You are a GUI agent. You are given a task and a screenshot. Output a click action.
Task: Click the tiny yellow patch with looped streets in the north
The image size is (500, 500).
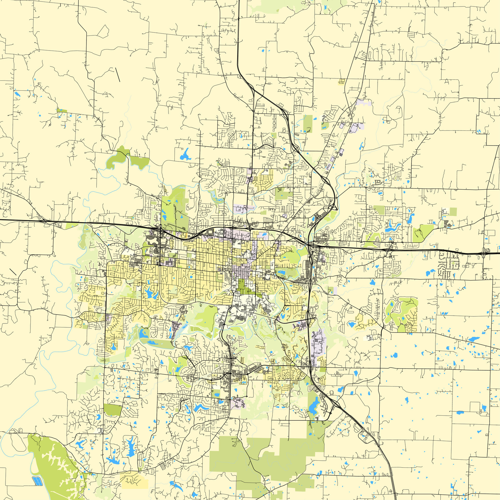tap(341, 82)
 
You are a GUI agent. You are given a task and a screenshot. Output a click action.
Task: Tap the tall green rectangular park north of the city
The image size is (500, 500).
tap(308, 124)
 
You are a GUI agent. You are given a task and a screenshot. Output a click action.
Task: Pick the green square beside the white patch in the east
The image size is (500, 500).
tap(453, 211)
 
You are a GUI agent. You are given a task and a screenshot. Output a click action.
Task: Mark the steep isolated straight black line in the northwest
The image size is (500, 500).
tap(118, 75)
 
